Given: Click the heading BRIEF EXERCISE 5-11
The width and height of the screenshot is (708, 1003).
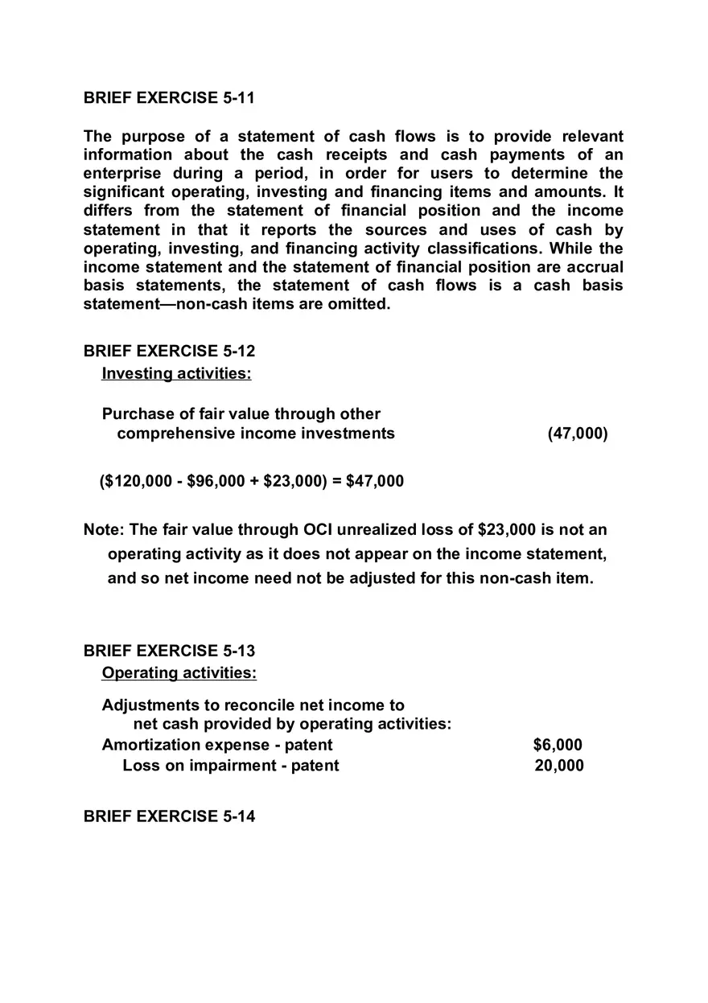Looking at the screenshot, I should click(169, 98).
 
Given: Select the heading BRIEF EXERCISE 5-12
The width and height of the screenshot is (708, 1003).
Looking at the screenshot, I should click(169, 351).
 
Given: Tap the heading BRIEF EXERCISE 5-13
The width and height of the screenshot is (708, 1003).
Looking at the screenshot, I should click(169, 651).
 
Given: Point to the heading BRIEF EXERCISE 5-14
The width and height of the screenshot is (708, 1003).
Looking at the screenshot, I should click(169, 816).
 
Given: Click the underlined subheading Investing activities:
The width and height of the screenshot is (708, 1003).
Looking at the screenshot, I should click(176, 374).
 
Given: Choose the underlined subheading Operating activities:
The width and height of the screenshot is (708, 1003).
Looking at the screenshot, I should click(179, 673).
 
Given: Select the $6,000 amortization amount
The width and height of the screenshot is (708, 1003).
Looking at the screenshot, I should click(558, 746).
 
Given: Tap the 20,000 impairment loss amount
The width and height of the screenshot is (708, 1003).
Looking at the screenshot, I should click(559, 766).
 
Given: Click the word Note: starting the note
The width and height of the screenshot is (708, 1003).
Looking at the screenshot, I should click(104, 530).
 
